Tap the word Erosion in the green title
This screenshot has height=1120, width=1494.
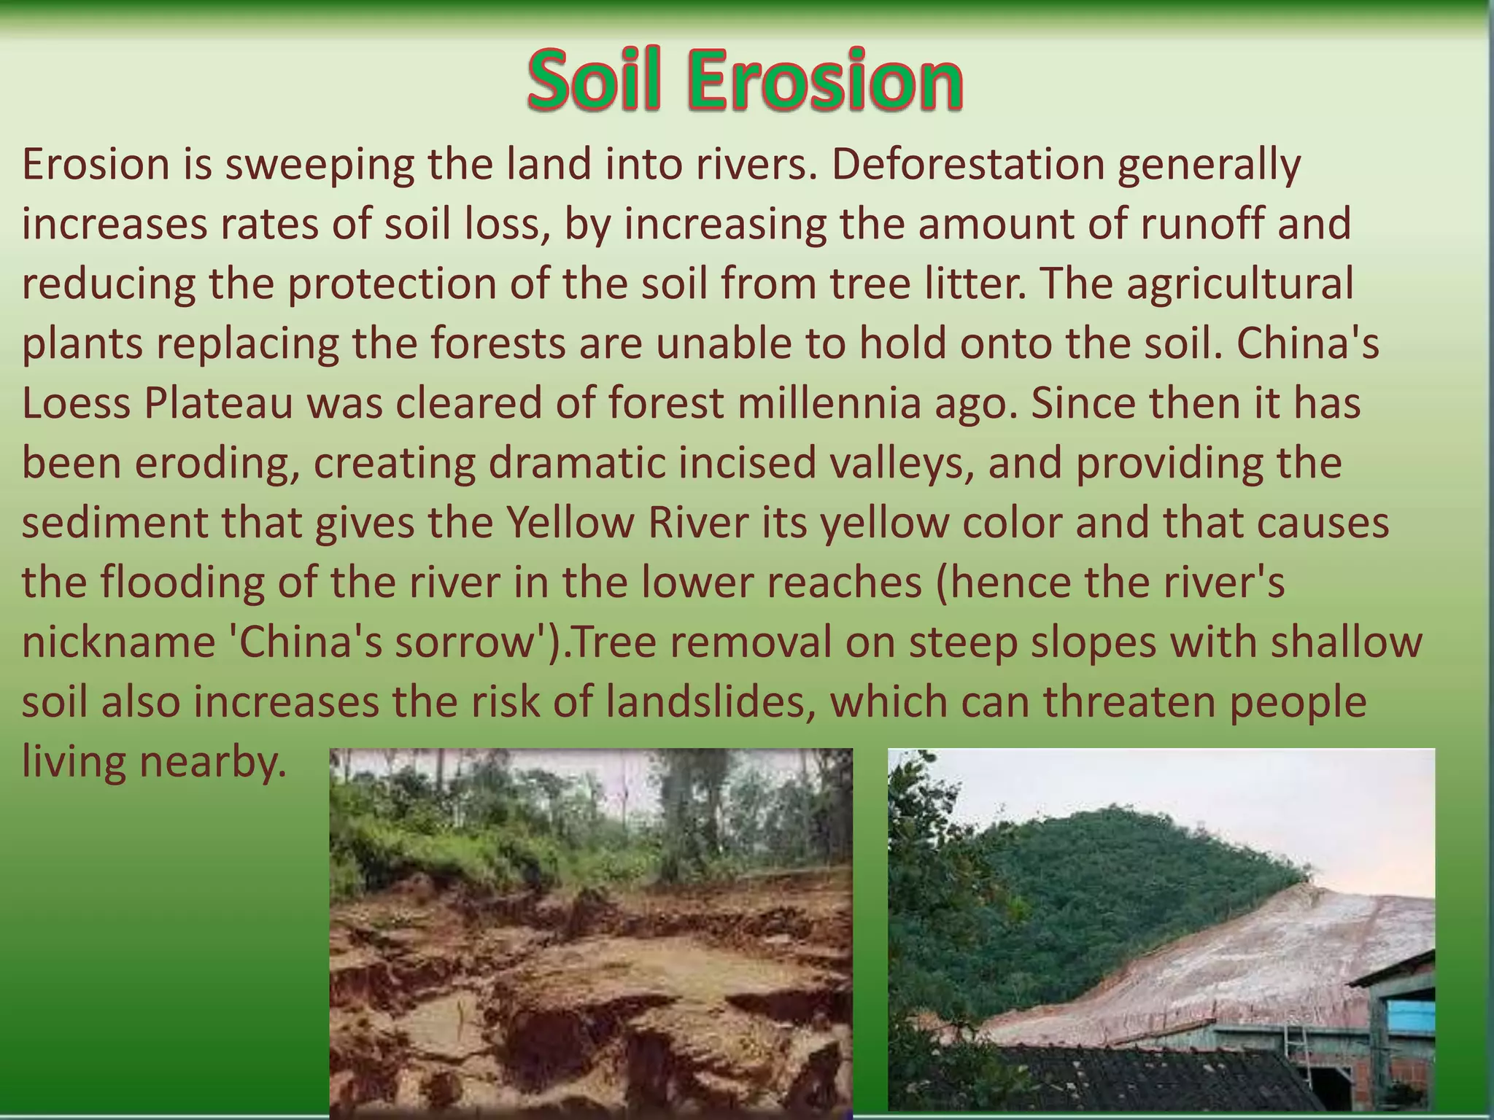825,80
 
